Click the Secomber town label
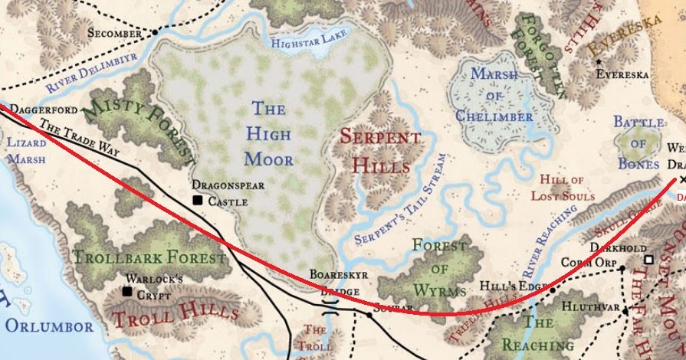(x=114, y=34)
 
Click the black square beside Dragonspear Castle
(x=197, y=201)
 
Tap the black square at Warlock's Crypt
(x=126, y=292)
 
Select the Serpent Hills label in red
(x=380, y=151)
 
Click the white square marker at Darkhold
(x=648, y=260)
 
